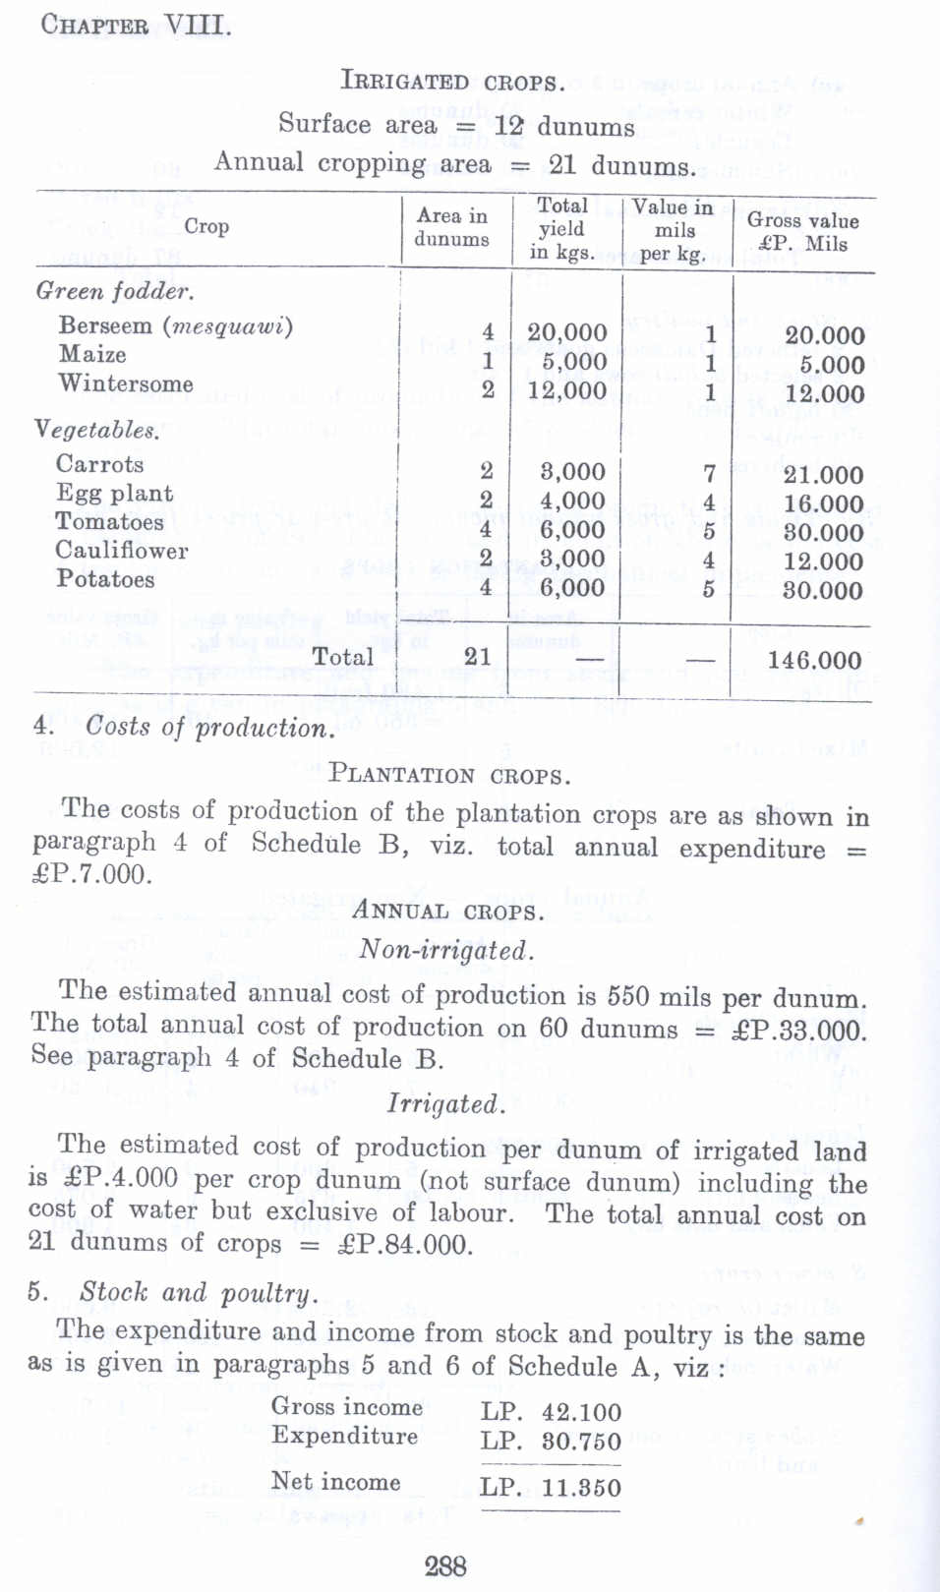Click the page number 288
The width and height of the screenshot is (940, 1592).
pos(445,1566)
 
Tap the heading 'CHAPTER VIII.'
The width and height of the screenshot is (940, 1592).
pos(137,26)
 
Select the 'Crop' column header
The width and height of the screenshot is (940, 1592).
pos(206,226)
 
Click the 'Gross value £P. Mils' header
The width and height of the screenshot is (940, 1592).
pos(802,232)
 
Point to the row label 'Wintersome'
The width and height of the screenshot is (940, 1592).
pos(125,383)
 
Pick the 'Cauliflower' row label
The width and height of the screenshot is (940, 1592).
pos(122,551)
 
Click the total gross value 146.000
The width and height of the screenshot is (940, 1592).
pos(814,661)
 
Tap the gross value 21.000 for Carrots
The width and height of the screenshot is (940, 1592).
pos(823,475)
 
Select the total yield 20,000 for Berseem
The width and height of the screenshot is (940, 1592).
pos(566,332)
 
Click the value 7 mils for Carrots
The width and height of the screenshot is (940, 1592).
pos(709,474)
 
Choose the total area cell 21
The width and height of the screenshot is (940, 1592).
pos(477,656)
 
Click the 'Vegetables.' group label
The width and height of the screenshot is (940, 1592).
pos(96,430)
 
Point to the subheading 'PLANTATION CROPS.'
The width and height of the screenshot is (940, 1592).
pos(449,775)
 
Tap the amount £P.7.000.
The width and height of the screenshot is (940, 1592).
pos(92,874)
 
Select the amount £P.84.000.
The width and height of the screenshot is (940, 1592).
pos(404,1245)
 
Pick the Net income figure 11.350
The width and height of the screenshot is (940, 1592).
pos(581,1488)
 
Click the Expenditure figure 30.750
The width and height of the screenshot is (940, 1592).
pos(581,1442)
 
